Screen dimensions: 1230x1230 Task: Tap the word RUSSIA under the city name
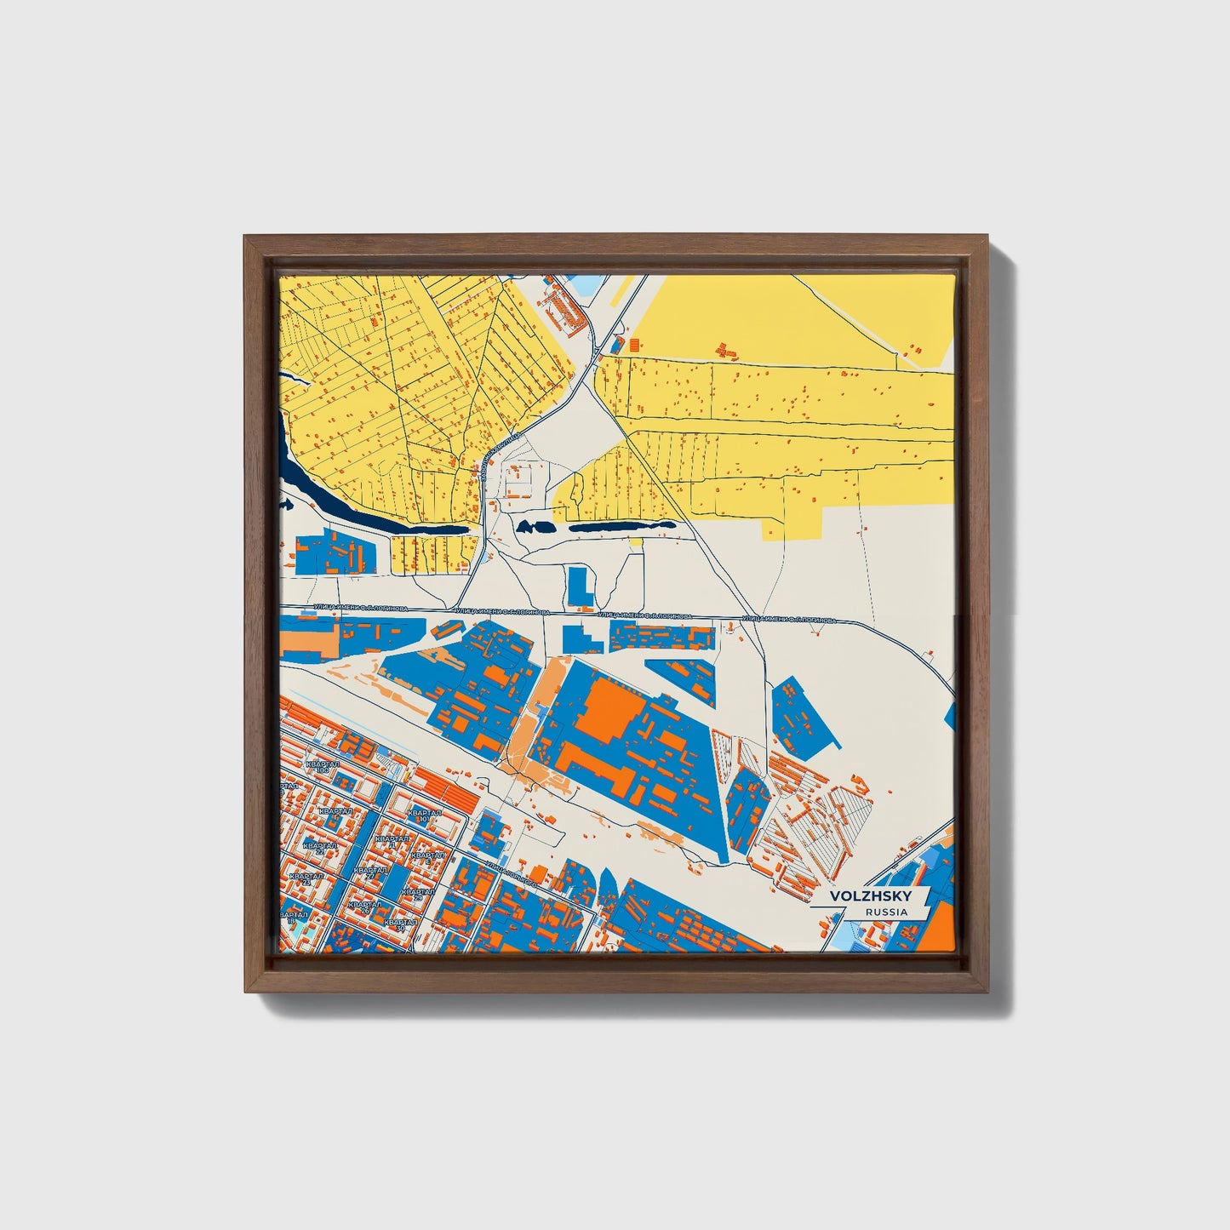(x=885, y=912)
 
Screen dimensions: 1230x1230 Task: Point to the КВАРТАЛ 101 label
(x=423, y=815)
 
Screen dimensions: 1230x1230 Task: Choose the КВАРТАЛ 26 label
(x=363, y=907)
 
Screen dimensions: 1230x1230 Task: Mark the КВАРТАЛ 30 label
(x=399, y=924)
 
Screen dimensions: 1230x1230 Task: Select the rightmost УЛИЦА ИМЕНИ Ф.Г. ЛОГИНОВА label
(x=788, y=620)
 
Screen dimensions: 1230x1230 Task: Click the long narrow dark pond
(x=621, y=527)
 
